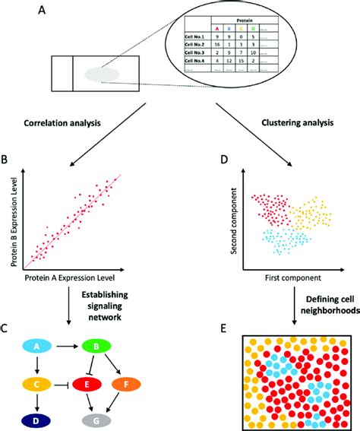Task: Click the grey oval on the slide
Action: point(101,74)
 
